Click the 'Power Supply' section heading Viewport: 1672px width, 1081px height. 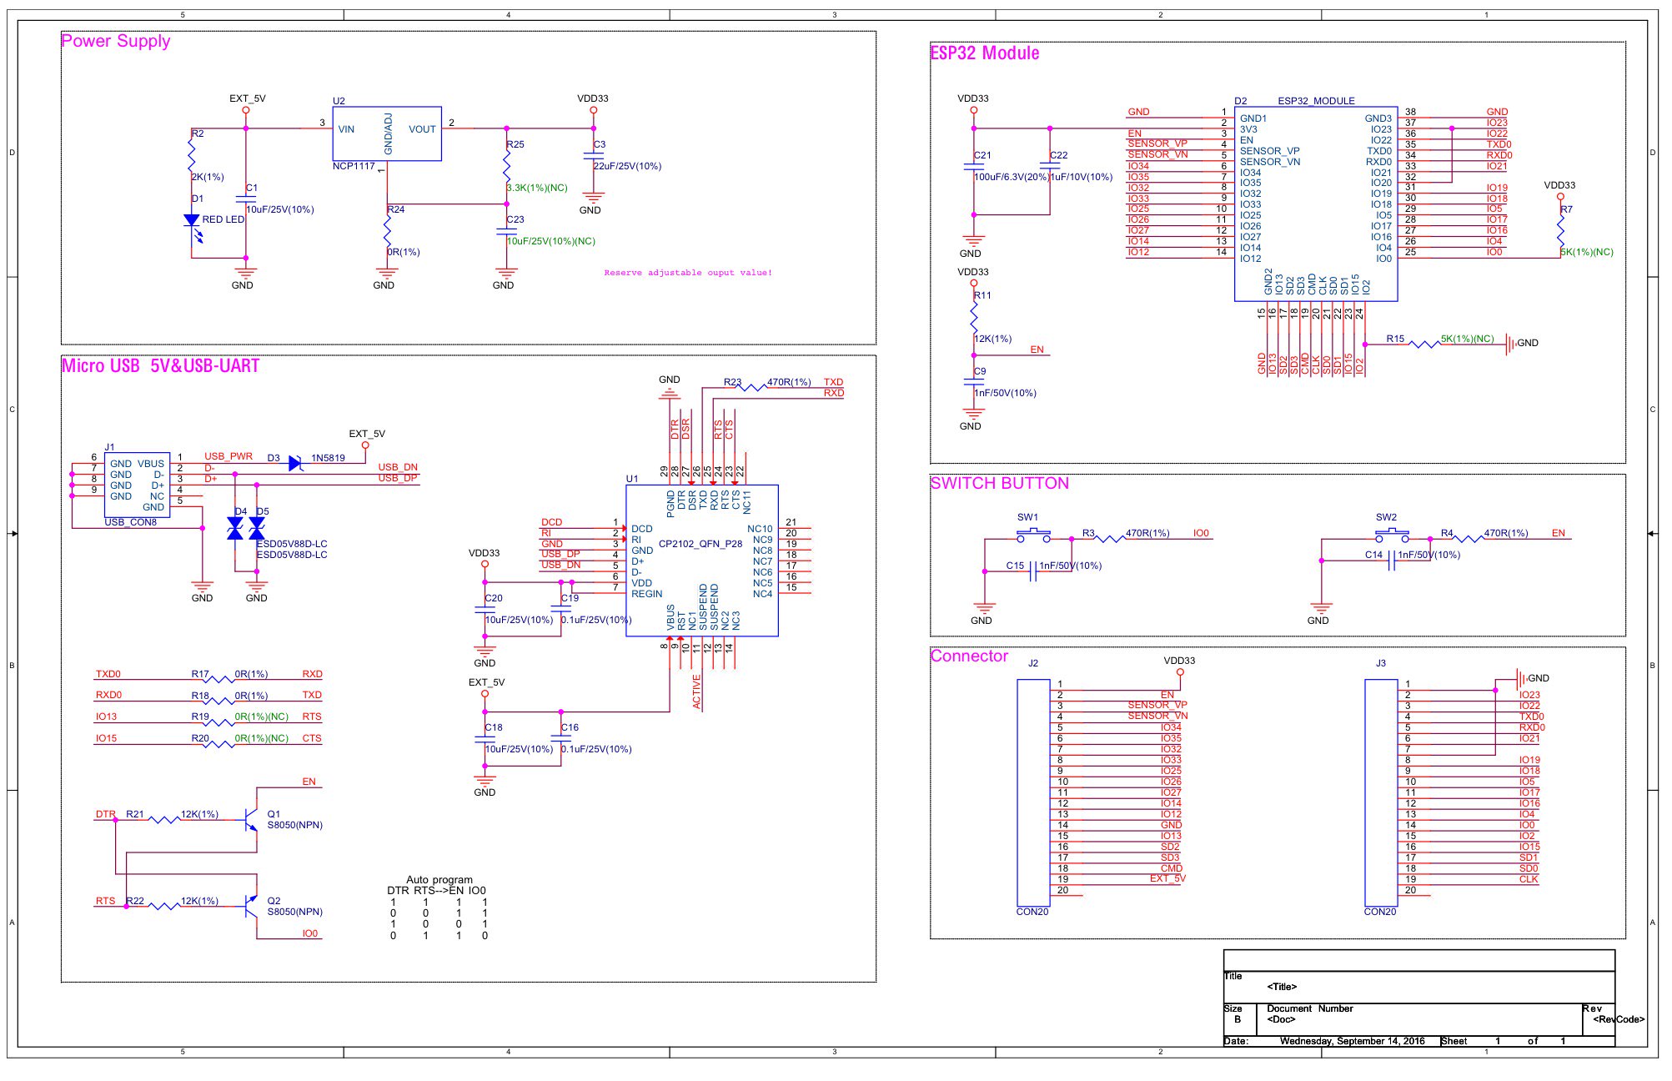(x=116, y=41)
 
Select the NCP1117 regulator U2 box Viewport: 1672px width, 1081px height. (x=387, y=133)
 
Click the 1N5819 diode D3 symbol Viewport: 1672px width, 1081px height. (x=295, y=463)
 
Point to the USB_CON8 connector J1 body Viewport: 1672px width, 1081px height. (x=138, y=485)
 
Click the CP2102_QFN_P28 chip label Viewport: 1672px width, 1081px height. (x=700, y=544)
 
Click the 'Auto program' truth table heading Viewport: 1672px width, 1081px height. (x=439, y=879)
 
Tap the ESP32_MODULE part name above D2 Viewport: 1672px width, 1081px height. (x=1317, y=101)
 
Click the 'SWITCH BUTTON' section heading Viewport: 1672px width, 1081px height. (x=1000, y=483)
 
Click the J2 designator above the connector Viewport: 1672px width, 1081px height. (x=1033, y=663)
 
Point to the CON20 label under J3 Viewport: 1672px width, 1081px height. (x=1380, y=912)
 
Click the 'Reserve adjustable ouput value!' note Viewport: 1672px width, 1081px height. (x=688, y=273)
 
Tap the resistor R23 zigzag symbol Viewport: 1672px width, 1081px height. (x=754, y=387)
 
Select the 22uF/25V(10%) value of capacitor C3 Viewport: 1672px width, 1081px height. (x=627, y=166)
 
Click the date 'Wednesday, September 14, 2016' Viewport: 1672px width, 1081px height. (x=1352, y=1041)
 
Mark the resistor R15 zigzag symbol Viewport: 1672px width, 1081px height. (x=1424, y=343)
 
